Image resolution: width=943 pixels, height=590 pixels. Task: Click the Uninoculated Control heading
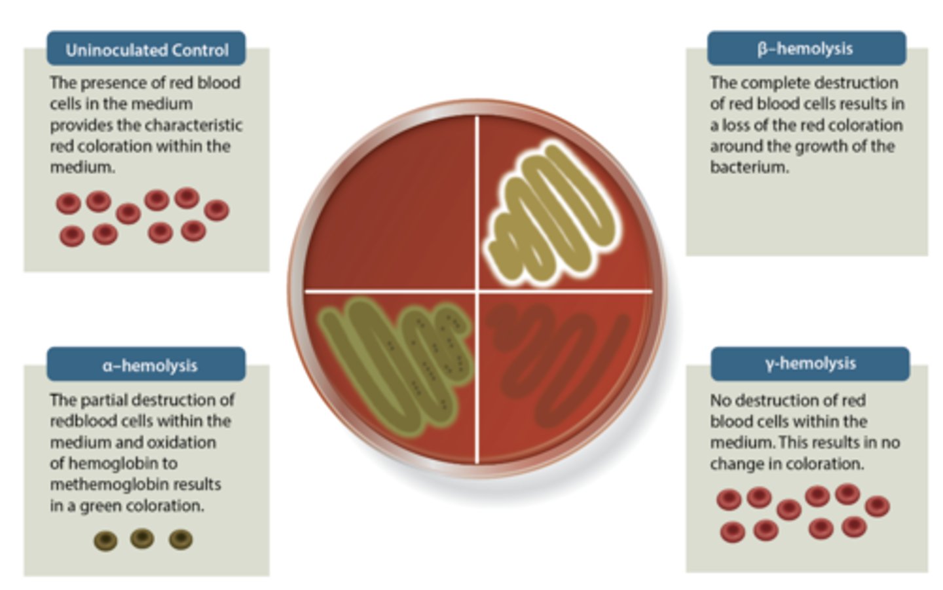click(147, 50)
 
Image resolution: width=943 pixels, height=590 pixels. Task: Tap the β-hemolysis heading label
click(805, 48)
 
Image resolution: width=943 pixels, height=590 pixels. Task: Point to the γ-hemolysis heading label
click(810, 363)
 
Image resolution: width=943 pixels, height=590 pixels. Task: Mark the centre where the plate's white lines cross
click(477, 291)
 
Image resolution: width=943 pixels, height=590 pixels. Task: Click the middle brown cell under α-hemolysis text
click(142, 538)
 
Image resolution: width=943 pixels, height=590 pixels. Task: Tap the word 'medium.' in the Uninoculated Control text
click(83, 167)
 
